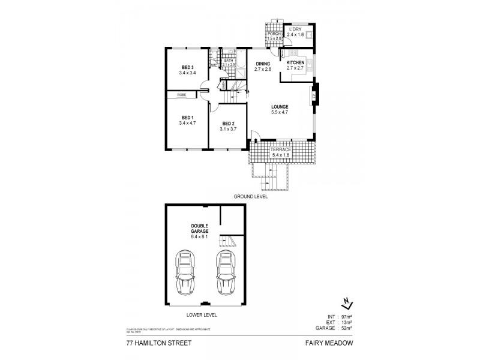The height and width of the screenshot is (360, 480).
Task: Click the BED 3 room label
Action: pyautogui.click(x=187, y=67)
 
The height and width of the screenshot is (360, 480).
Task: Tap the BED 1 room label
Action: pyautogui.click(x=187, y=118)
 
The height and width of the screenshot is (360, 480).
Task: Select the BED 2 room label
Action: pyautogui.click(x=228, y=125)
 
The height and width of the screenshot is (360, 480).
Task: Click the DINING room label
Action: pyautogui.click(x=263, y=64)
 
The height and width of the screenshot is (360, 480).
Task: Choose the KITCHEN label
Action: pyautogui.click(x=295, y=64)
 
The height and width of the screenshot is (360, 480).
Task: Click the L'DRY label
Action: pyautogui.click(x=294, y=30)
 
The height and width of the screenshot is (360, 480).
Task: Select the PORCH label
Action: pyautogui.click(x=274, y=34)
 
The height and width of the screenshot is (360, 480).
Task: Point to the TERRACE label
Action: pyautogui.click(x=280, y=149)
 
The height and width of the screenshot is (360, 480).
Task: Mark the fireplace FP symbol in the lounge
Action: pyautogui.click(x=314, y=94)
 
